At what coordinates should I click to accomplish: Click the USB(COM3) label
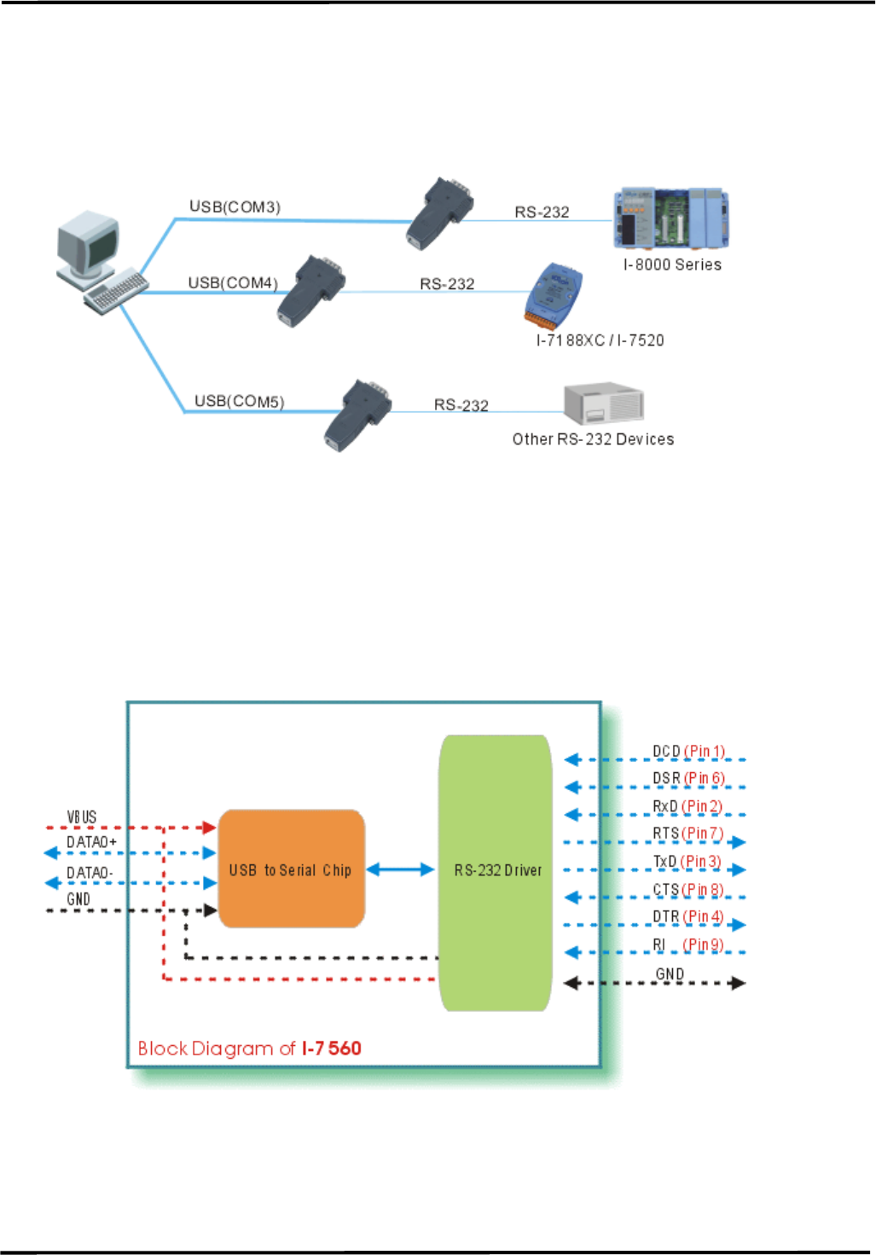(235, 206)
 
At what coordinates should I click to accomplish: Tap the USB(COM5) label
(239, 401)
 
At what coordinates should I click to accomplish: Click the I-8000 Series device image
(671, 218)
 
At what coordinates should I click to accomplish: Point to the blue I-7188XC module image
(554, 295)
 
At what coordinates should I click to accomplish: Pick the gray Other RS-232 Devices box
(604, 404)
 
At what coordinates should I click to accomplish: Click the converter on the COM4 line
(310, 291)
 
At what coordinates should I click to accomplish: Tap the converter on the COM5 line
(357, 415)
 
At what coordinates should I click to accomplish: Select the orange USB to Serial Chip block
(291, 869)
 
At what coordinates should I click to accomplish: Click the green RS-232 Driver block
(495, 873)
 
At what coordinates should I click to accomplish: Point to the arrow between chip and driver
(400, 869)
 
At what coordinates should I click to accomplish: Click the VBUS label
(82, 816)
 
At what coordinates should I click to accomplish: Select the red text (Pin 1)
(705, 751)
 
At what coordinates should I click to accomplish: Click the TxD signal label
(664, 861)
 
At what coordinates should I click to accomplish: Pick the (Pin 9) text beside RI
(704, 944)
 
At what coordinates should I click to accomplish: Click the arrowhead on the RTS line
(739, 842)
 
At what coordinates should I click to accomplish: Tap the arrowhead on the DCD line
(571, 759)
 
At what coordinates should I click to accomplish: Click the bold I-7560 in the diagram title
(332, 1049)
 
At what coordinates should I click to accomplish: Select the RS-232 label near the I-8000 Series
(542, 212)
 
